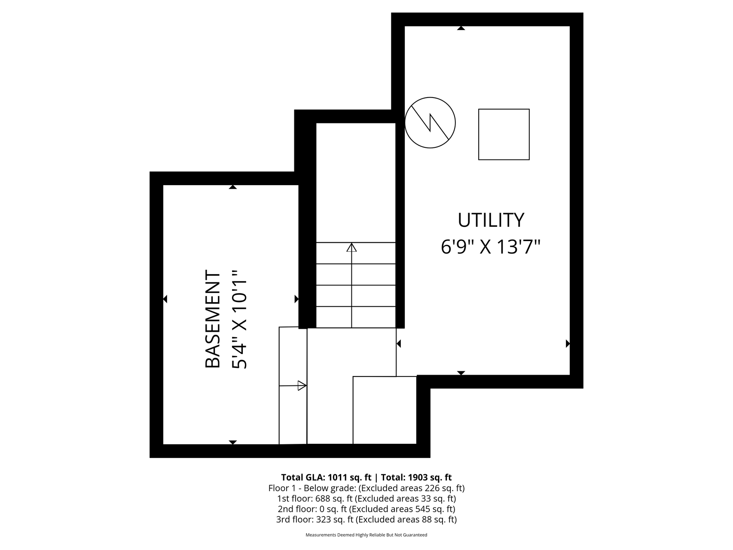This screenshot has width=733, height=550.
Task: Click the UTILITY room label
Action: coord(491,220)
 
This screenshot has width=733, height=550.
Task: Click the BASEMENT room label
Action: coord(213,319)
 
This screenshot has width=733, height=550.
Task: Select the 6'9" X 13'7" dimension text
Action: coord(491,247)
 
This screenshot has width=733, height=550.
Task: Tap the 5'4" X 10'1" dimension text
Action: coord(240,319)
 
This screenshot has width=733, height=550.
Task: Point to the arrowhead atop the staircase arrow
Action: coord(352,247)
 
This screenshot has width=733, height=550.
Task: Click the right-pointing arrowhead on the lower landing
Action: coord(302,385)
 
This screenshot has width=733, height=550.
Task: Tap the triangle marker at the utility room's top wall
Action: coord(461,28)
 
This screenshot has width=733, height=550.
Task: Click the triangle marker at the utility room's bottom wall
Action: coord(461,373)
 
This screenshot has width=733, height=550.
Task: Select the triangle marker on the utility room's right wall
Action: coord(568,344)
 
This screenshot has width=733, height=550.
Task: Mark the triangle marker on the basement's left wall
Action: coord(165,299)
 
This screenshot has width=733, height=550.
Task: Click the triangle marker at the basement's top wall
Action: coord(233,187)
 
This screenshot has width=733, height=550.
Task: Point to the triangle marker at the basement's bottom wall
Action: coord(233,443)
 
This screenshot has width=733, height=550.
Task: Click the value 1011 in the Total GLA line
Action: coord(337,477)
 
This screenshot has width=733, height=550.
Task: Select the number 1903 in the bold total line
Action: coord(417,477)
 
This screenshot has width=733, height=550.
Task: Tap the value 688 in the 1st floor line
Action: coord(323,498)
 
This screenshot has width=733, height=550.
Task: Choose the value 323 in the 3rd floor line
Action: coord(323,519)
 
